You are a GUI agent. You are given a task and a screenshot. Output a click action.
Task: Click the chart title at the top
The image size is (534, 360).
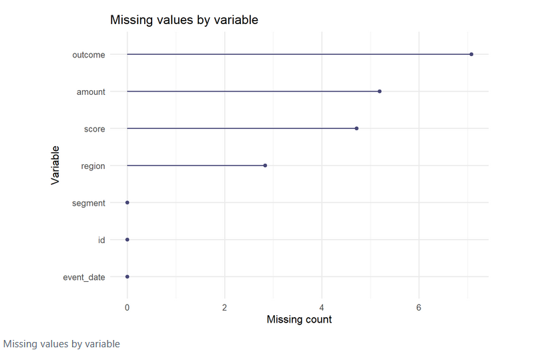[184, 21]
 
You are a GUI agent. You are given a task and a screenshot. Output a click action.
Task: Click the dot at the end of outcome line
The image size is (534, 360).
[471, 54]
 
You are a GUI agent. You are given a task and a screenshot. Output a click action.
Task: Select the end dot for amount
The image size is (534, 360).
[380, 92]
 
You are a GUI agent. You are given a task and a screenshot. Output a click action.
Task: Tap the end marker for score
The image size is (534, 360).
[356, 128]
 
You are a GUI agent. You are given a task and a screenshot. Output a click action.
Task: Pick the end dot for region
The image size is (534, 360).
[265, 166]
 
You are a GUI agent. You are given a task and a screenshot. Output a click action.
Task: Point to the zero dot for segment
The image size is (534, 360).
[127, 202]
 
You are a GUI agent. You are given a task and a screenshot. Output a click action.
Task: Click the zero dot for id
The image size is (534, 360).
[127, 239]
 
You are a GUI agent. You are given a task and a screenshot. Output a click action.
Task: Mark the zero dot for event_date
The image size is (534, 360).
[127, 277]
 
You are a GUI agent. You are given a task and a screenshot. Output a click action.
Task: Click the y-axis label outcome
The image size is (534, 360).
[89, 55]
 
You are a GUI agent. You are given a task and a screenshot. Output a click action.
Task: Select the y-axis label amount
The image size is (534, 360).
[91, 92]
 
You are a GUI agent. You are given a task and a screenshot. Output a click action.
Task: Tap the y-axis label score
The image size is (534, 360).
[94, 129]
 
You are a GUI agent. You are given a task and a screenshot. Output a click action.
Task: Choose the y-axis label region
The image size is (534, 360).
[93, 166]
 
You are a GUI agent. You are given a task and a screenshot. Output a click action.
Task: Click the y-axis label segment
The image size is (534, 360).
[89, 203]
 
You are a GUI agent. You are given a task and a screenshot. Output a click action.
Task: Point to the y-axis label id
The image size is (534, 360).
[101, 240]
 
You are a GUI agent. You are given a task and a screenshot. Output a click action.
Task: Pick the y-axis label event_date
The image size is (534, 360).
[84, 277]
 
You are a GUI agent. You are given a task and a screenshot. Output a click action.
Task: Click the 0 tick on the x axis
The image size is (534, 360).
[127, 307]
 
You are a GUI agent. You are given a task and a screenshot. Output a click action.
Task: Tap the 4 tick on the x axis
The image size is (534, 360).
[322, 307]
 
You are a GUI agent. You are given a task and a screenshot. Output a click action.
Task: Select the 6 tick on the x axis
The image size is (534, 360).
[419, 307]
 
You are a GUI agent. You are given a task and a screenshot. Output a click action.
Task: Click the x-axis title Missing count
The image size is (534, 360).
[299, 320]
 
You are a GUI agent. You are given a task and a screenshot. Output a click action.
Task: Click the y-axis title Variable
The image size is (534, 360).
[55, 165]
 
